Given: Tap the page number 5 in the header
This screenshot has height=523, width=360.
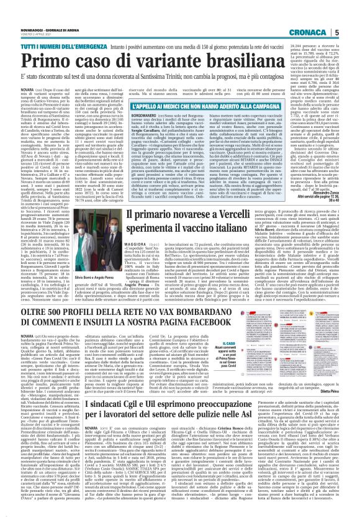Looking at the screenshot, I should tap(353, 14).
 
